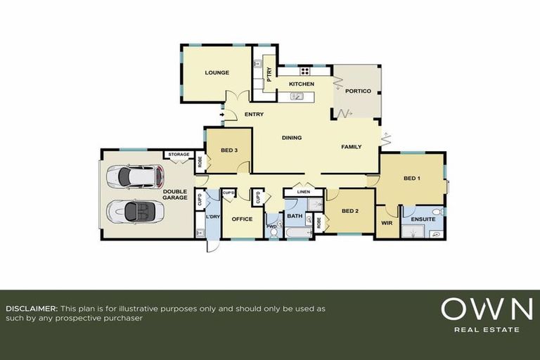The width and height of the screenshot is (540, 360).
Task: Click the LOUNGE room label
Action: pos(217,72)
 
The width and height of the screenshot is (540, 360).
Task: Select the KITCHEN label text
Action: pos(302,84)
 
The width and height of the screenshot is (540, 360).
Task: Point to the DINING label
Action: pos(291,138)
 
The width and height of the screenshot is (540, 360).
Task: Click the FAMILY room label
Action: pos(351,147)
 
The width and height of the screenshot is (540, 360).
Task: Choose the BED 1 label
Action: pos(411,178)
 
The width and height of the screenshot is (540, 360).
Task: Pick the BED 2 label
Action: pos(350,211)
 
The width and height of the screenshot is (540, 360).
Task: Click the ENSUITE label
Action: pos(423,219)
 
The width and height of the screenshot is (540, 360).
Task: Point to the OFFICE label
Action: pos(242,219)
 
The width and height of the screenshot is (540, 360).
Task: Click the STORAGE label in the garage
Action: pos(179,155)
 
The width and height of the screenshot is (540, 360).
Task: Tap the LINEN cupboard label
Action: pos(303,192)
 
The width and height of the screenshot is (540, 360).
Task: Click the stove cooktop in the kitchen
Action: pos(305,71)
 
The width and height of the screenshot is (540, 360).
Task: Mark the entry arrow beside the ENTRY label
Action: pos(222,114)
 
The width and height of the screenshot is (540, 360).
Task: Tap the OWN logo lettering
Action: pos(486,309)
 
